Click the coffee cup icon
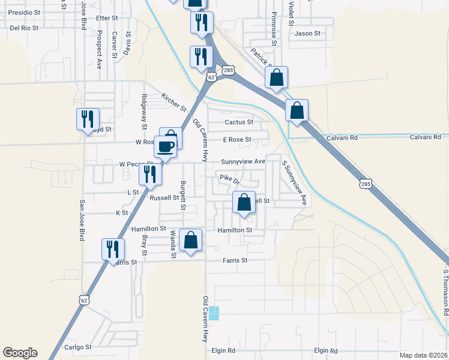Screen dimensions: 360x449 point(166,146)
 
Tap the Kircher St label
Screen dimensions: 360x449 point(175,101)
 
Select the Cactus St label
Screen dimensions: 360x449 point(239,122)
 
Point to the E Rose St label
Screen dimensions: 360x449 point(237,140)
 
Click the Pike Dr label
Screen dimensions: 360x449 point(230,178)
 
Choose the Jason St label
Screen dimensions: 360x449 point(307,34)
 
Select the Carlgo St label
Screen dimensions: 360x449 point(79,347)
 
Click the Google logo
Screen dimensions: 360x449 point(20,353)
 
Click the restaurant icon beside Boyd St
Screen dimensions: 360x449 point(88,119)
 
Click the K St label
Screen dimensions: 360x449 point(122,213)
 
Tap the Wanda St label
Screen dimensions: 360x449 point(172,244)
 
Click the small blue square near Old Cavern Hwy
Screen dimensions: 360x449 point(214,313)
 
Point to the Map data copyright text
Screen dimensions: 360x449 point(423,355)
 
